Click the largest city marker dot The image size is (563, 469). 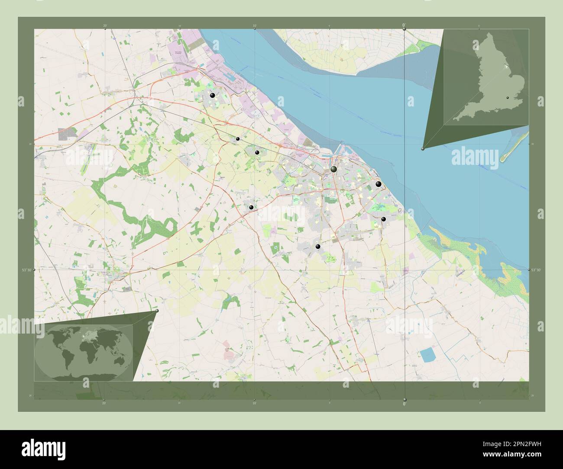pos(333,169)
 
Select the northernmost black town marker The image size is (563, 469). pos(212,95)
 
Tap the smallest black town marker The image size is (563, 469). pos(238,139)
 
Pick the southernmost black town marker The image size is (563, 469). pos(318,247)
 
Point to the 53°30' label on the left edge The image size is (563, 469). pos(26,270)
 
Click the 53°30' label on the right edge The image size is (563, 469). pos(536,270)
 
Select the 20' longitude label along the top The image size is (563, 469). pos(105,26)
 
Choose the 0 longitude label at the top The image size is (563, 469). pos(404,26)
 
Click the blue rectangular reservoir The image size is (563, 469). pos(427,355)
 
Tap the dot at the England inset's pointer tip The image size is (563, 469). pos(423,148)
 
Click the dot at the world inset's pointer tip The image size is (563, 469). pos(157,311)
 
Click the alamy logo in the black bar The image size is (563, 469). pos(43,449)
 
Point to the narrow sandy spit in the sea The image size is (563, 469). pos(514,148)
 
